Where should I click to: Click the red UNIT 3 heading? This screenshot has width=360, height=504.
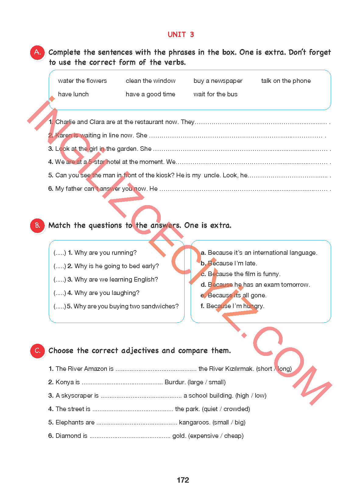181,34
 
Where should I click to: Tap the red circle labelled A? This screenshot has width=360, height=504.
37,52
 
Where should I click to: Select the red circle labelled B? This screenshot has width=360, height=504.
37,226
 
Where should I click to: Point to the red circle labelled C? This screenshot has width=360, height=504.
37,351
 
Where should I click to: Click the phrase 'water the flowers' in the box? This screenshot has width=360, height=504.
82,81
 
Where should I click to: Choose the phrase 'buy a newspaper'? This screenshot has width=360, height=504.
218,81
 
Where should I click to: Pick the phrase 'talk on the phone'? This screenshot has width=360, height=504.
286,81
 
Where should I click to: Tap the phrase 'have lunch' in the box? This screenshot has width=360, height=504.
73,94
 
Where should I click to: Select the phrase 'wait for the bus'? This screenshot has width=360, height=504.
215,94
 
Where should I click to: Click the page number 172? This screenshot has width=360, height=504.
183,480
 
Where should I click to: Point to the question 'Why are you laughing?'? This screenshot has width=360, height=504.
107,293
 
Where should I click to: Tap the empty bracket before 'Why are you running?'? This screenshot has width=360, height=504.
60,253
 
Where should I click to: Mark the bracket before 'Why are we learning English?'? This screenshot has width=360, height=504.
60,280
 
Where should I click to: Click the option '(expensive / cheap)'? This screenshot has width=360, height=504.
216,436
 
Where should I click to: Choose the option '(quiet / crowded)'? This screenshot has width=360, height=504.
226,409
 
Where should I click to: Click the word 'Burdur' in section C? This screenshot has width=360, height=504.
175,382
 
